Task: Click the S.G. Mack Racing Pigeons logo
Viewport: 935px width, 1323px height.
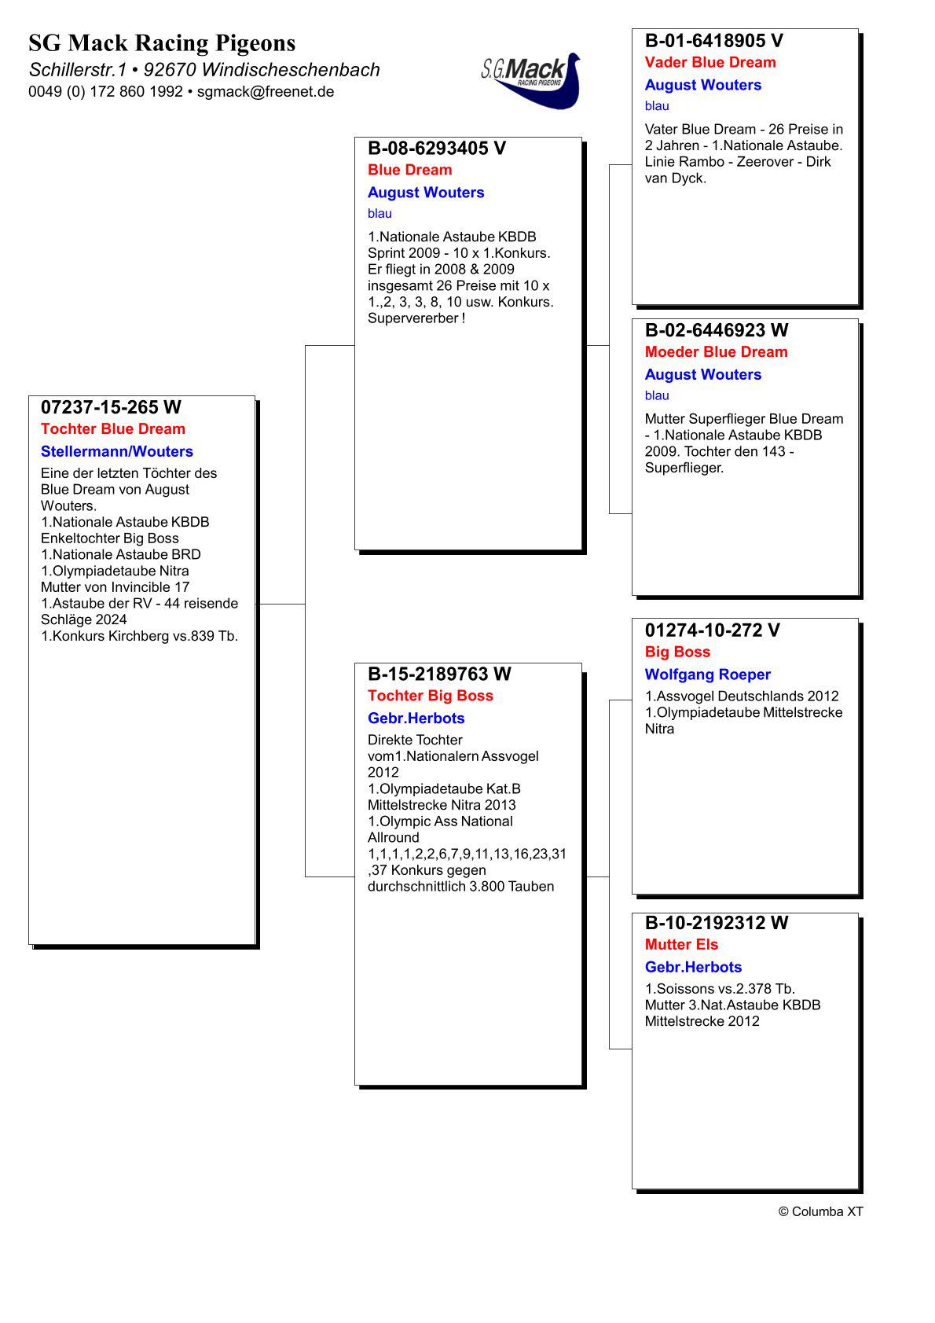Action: (531, 79)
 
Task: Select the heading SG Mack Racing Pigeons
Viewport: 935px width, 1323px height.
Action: (162, 42)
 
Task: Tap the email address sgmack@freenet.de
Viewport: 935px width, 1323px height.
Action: (266, 92)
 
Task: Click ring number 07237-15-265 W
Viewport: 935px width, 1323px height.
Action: (111, 407)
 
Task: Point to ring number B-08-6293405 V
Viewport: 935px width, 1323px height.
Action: (437, 149)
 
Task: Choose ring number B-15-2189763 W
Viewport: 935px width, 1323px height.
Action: (439, 674)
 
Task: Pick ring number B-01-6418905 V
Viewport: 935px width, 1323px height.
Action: (714, 41)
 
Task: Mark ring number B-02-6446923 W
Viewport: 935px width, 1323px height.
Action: (717, 330)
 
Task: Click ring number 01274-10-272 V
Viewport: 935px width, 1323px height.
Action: (713, 630)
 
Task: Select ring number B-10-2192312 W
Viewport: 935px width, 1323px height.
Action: (717, 923)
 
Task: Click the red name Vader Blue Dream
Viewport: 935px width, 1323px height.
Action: (710, 63)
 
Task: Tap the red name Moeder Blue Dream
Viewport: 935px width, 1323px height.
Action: (716, 352)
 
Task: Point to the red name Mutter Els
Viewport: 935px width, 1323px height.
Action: (681, 945)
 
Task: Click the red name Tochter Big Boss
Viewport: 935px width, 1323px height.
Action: (431, 696)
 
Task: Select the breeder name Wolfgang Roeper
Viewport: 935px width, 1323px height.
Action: (707, 674)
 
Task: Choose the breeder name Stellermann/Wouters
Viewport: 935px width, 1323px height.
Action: (117, 452)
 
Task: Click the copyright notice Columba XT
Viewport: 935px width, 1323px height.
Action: (820, 1211)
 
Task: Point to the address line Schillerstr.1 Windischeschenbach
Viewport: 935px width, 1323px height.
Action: (204, 70)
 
